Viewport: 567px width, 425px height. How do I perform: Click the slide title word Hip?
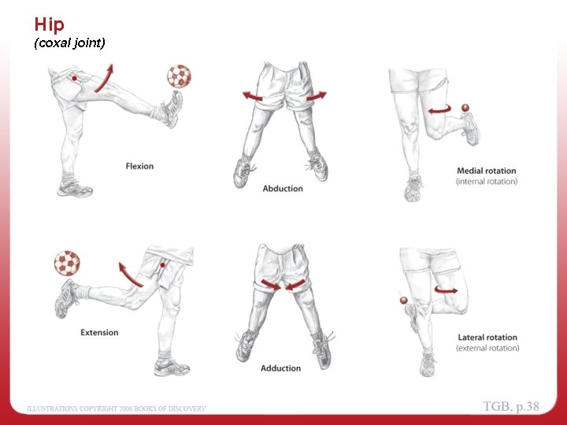(49, 24)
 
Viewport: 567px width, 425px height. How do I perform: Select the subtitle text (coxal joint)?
(69, 43)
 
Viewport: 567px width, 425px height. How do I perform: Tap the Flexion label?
(139, 166)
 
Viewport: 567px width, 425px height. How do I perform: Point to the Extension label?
(99, 333)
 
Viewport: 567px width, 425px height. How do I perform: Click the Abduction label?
(283, 189)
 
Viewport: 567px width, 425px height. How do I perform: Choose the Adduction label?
(280, 368)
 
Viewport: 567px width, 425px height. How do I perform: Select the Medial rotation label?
(487, 171)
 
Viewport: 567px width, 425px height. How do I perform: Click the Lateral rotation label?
(488, 338)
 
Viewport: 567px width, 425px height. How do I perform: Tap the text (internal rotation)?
(487, 182)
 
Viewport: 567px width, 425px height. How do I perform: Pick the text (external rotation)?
(488, 348)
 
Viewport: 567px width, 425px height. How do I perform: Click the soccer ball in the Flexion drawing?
(179, 76)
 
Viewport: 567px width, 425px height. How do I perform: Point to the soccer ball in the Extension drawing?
(66, 264)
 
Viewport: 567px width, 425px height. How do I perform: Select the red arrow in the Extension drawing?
(129, 274)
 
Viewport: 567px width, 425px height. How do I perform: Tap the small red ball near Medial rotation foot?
(465, 107)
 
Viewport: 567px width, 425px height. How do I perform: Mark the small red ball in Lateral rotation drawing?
(403, 301)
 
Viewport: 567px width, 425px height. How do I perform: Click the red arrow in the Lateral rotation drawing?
(446, 290)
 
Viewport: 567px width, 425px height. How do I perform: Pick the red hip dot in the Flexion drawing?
(73, 79)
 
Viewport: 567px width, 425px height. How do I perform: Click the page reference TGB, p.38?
(512, 406)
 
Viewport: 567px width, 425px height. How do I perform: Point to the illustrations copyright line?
(117, 408)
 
